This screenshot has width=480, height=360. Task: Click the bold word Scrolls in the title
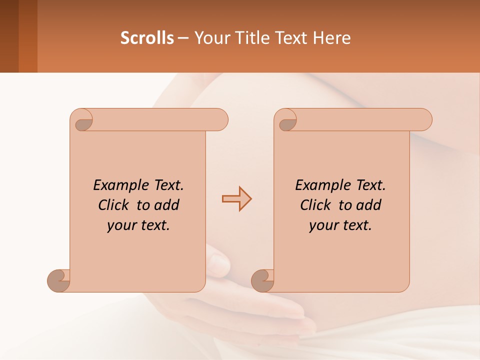pyautogui.click(x=147, y=38)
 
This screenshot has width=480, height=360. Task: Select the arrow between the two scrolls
pyautogui.click(x=236, y=199)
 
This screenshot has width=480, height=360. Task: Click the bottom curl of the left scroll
pyautogui.click(x=59, y=281)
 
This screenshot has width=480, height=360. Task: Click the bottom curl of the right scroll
pyautogui.click(x=263, y=281)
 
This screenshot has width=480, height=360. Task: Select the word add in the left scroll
pyautogui.click(x=166, y=205)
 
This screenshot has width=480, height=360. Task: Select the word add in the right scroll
pyautogui.click(x=368, y=205)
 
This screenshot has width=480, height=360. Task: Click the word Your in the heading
pyautogui.click(x=210, y=38)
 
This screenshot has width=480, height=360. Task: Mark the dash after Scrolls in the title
pyautogui.click(x=183, y=38)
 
